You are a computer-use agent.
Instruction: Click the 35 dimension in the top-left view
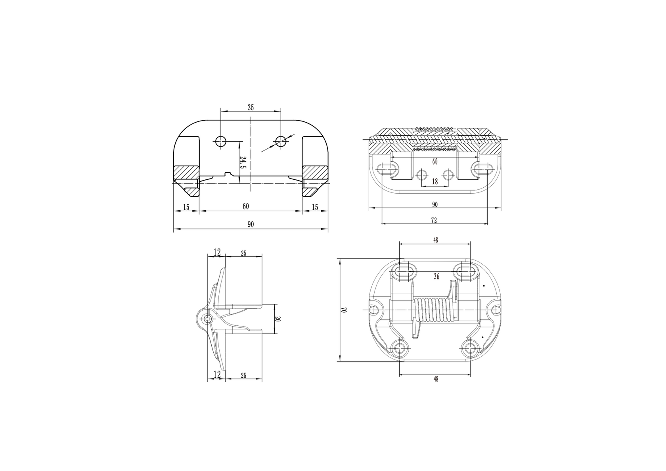251,107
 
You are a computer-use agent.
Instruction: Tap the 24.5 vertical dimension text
243,162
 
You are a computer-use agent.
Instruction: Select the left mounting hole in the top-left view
220,140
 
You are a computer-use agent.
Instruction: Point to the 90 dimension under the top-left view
251,225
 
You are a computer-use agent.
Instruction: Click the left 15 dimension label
186,207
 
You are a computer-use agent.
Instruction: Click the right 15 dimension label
315,207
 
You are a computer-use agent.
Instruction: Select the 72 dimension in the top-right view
434,219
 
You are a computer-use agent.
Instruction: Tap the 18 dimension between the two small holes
435,182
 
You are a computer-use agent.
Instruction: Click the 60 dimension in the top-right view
435,161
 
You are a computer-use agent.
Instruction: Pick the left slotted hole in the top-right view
386,169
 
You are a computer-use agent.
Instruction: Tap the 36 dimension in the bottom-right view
436,277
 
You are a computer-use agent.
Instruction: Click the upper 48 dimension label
435,240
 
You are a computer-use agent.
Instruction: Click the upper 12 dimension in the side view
217,252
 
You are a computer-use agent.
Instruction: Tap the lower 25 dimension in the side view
243,376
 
